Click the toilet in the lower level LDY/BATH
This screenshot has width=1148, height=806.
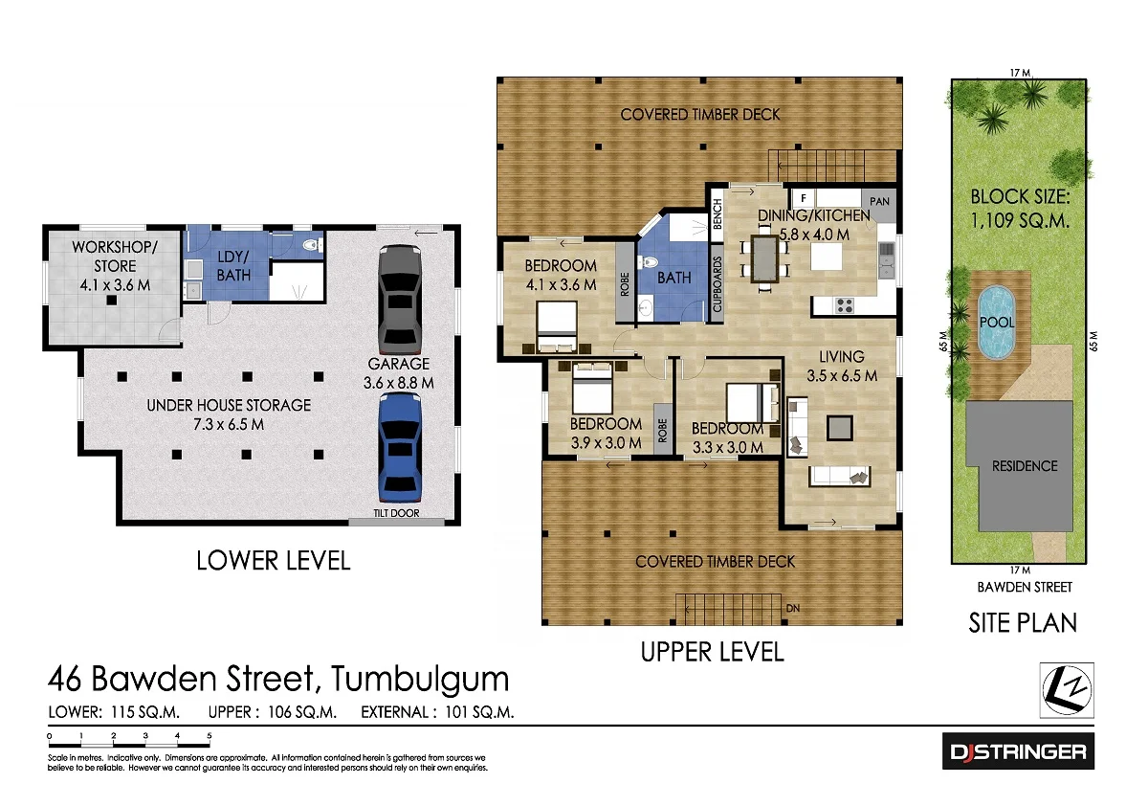(x=311, y=248)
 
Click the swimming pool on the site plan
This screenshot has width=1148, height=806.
(x=997, y=323)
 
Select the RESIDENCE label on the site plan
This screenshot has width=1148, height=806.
(x=1025, y=466)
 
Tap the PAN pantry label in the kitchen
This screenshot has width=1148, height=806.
(x=880, y=201)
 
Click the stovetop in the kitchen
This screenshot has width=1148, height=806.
(x=845, y=305)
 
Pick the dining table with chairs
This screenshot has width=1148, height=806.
(x=764, y=259)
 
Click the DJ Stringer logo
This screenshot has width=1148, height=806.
(x=1018, y=751)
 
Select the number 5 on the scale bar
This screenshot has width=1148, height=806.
(x=210, y=736)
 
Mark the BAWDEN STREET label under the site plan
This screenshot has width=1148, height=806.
(x=1025, y=587)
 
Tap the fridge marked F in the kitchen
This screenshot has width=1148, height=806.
(x=805, y=199)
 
